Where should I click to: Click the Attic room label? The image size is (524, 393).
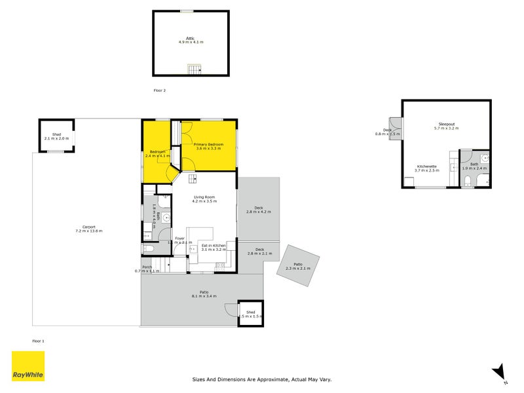pyautogui.click(x=191, y=39)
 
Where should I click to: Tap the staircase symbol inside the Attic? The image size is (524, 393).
pyautogui.click(x=193, y=69)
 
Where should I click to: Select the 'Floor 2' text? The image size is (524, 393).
pyautogui.click(x=160, y=90)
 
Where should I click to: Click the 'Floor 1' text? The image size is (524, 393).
pyautogui.click(x=39, y=341)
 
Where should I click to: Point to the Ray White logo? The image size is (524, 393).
pyautogui.click(x=28, y=366)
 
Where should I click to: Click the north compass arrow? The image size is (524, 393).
pyautogui.click(x=499, y=371)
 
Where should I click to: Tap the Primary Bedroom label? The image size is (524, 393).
pyautogui.click(x=209, y=144)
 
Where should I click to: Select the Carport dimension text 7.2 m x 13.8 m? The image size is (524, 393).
pyautogui.click(x=88, y=231)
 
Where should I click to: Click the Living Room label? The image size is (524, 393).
pyautogui.click(x=204, y=197)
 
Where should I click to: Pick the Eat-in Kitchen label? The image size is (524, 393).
pyautogui.click(x=213, y=246)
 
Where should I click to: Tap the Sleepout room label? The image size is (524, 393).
pyautogui.click(x=446, y=124)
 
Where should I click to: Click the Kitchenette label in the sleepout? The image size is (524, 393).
pyautogui.click(x=427, y=166)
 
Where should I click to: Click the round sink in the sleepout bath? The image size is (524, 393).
pyautogui.click(x=483, y=157)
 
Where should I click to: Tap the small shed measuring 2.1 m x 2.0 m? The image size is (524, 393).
pyautogui.click(x=56, y=136)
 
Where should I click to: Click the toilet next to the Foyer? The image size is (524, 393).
pyautogui.click(x=148, y=249)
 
